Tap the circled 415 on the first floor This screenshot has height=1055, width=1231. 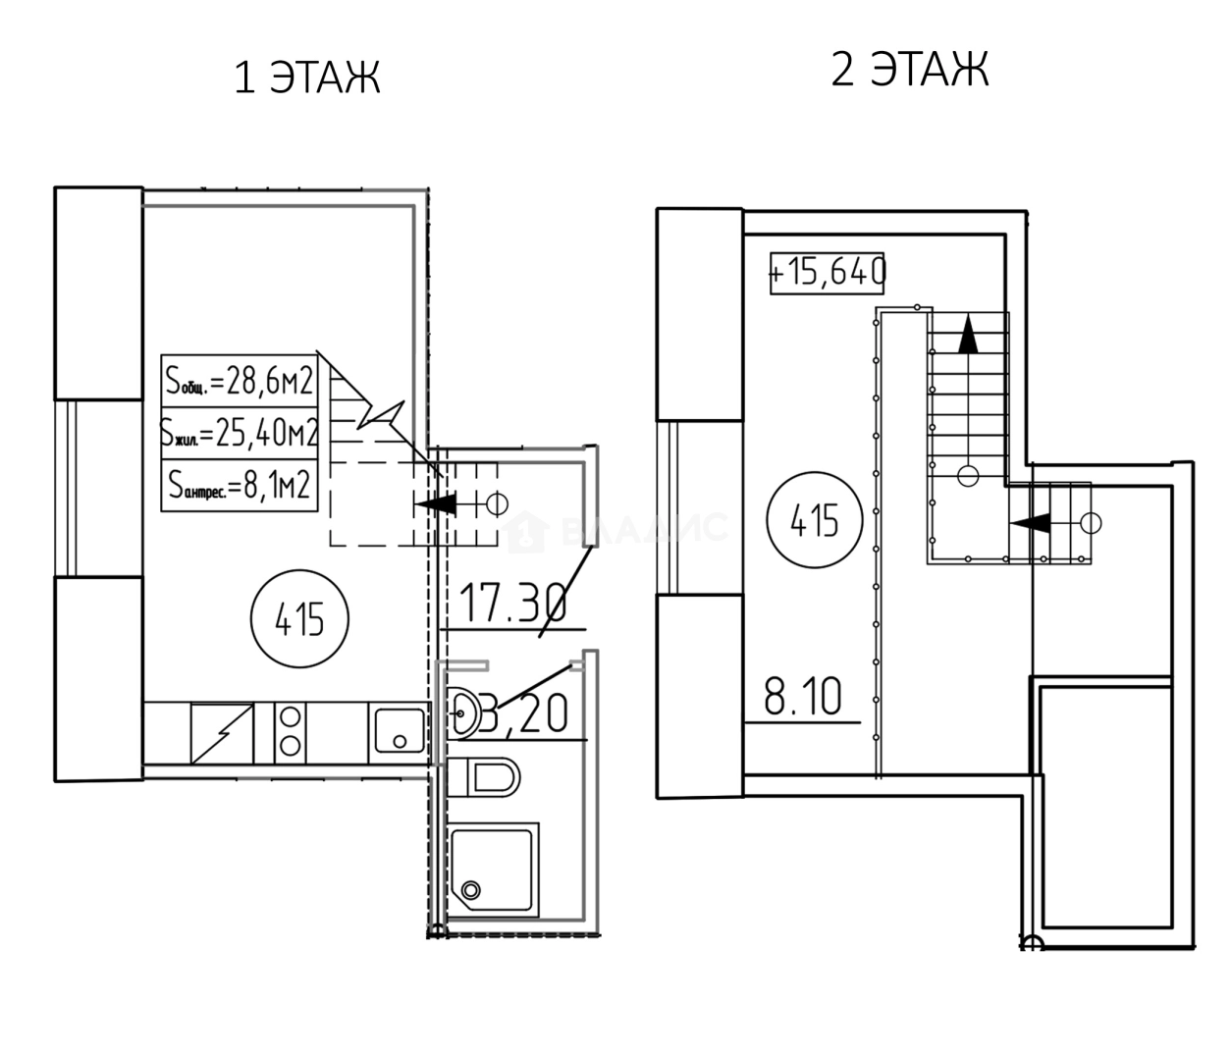[x=300, y=619]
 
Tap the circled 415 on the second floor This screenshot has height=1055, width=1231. [x=815, y=519]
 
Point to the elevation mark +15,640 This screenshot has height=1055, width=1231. [x=828, y=272]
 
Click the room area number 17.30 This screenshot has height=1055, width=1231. [x=511, y=604]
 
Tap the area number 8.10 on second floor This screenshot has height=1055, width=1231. [x=802, y=699]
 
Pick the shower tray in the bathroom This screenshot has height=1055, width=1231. [x=493, y=868]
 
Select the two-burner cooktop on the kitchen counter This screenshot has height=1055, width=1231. [x=290, y=731]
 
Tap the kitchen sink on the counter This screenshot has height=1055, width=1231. [x=398, y=731]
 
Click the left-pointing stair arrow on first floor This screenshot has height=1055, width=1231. [x=437, y=503]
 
